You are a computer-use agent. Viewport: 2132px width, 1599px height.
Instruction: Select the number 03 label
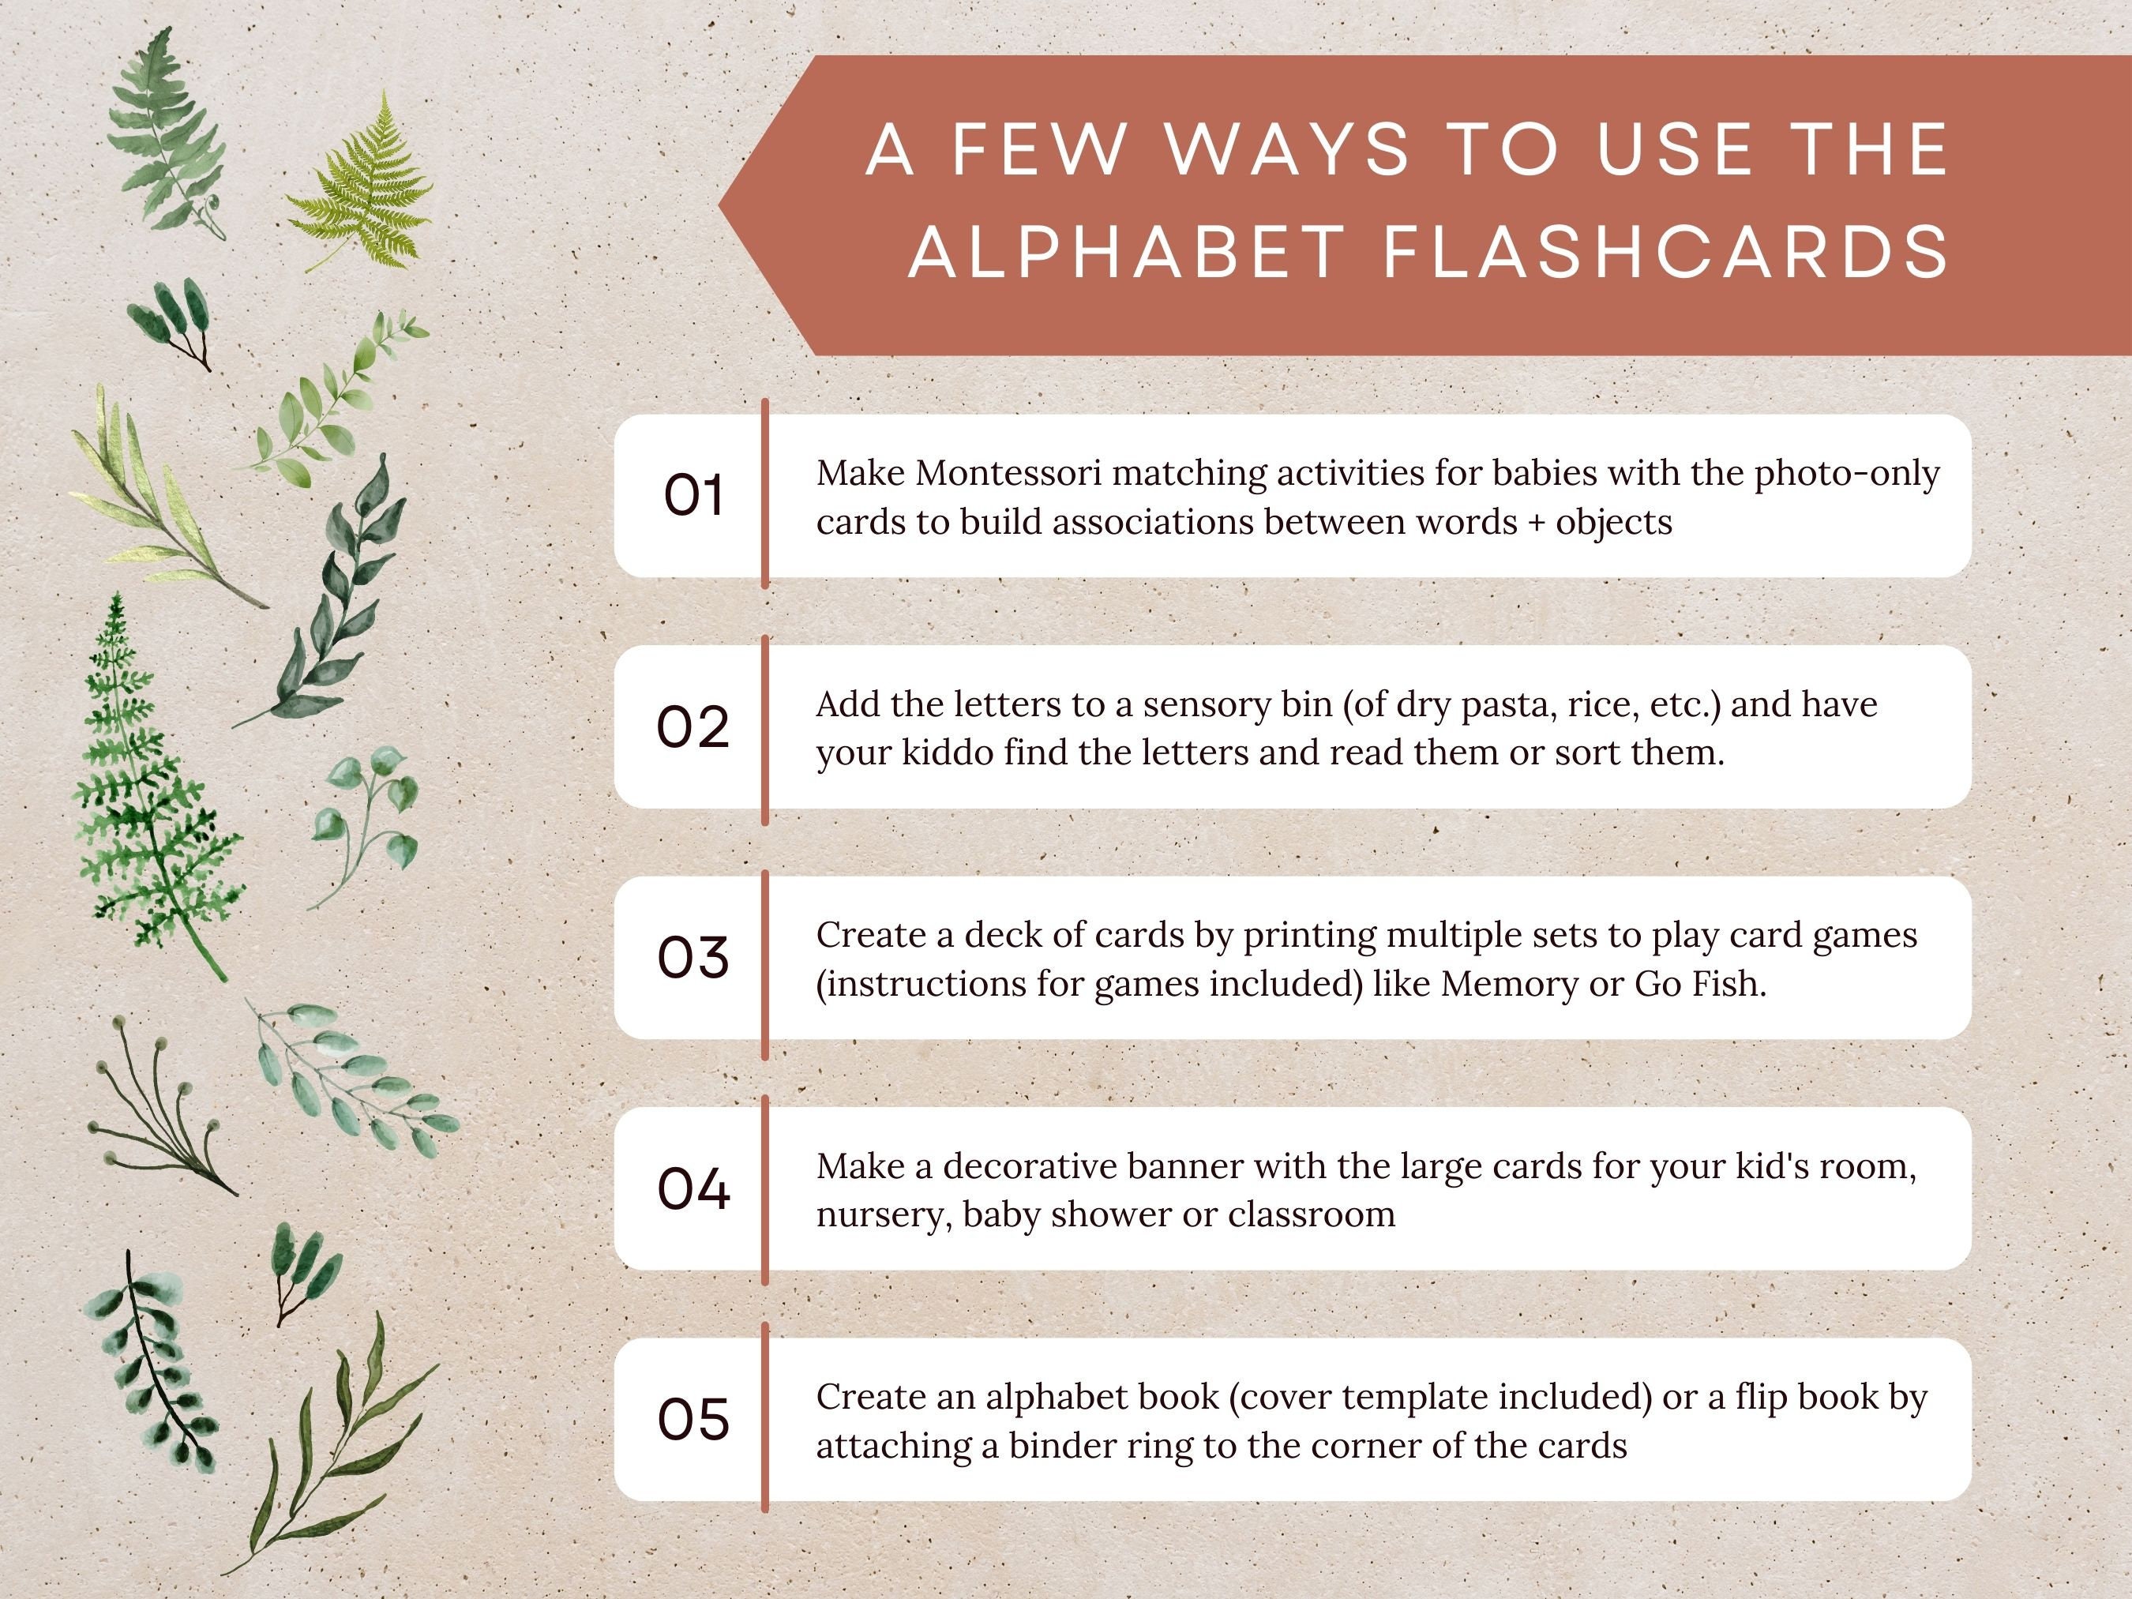(692, 958)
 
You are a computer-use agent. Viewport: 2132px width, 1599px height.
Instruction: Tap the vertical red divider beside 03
(765, 964)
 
